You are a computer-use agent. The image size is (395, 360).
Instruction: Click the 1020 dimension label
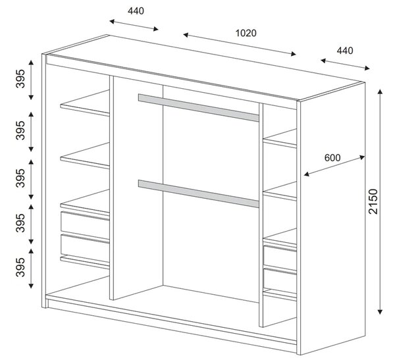246,33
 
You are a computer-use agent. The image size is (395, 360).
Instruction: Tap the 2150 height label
373,201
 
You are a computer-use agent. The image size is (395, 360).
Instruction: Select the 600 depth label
332,158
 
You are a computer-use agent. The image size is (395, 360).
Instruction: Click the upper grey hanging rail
199,108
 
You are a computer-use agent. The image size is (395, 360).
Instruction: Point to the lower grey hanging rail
199,193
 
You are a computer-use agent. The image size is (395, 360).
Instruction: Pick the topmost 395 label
20,78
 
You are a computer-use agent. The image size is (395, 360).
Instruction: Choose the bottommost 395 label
20,267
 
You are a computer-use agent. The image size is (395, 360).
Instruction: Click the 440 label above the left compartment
136,11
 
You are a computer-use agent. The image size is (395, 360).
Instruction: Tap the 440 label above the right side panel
345,51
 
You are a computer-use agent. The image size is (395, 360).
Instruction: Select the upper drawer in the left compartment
85,225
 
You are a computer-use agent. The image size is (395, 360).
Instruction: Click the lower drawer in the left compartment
85,248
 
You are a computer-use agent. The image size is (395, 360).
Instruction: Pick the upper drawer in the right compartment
280,257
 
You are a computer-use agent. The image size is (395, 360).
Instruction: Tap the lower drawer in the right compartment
280,280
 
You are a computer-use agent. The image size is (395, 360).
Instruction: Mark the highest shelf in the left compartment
85,103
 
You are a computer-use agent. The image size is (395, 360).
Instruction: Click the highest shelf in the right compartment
280,138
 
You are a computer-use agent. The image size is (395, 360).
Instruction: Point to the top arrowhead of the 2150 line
380,91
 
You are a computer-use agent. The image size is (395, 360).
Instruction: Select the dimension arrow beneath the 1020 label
240,44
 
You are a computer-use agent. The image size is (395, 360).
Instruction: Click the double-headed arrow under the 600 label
334,166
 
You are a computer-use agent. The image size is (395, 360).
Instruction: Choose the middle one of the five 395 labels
20,178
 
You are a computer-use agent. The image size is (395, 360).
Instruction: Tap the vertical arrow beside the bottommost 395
31,269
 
